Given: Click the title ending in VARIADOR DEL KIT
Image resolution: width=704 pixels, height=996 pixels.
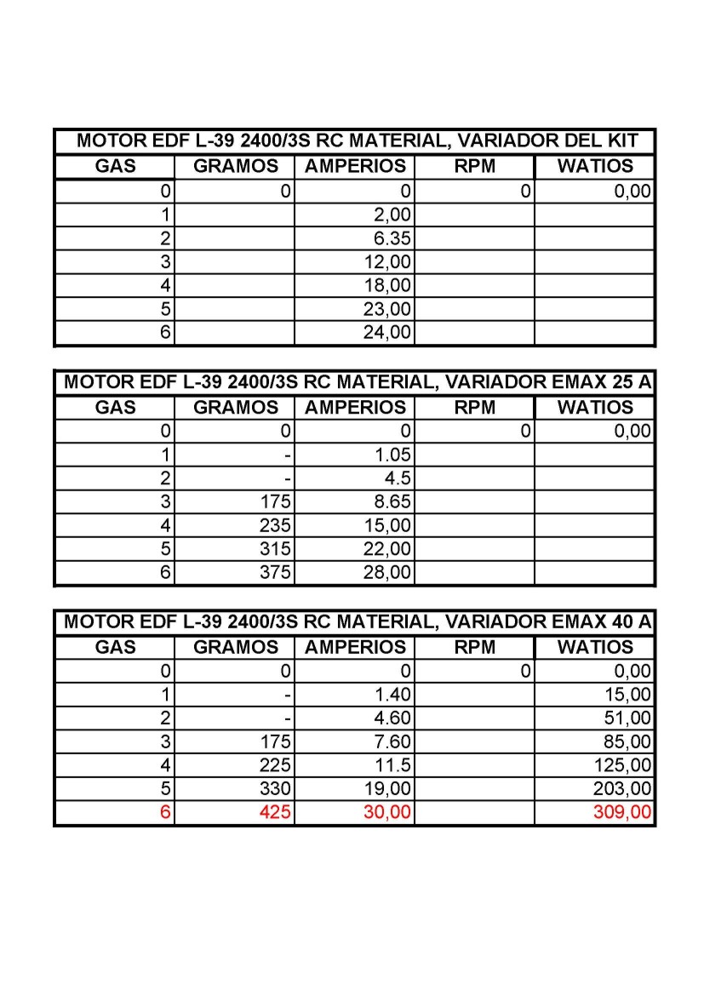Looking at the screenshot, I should tap(355, 141).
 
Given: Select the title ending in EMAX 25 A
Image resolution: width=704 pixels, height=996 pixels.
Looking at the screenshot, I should tap(355, 382).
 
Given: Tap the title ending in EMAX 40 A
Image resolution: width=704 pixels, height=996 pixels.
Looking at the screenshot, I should tap(355, 622).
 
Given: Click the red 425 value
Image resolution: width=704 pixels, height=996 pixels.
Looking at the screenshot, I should tap(275, 813).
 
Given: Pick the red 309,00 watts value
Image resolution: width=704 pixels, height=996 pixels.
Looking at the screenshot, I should tap(622, 813).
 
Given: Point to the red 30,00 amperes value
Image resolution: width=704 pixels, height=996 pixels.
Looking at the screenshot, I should tap(387, 813).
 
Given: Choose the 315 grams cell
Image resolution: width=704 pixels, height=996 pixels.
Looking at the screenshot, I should tap(275, 549).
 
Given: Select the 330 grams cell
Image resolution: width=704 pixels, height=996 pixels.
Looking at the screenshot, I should tap(275, 789).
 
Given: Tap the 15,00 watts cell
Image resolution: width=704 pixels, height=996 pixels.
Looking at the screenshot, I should tap(627, 695).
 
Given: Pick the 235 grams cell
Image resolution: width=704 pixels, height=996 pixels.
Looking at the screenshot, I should tap(275, 526).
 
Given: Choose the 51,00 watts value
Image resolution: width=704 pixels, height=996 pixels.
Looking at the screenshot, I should tap(627, 718).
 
